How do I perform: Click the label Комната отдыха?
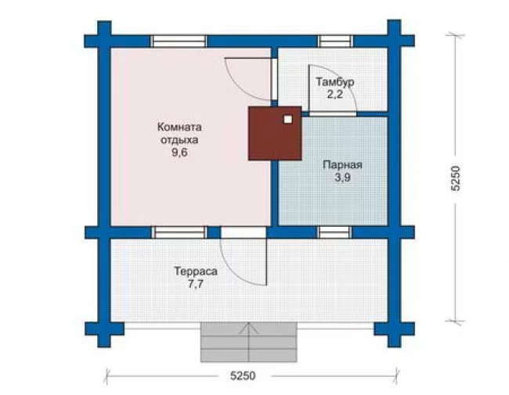tap(179, 134)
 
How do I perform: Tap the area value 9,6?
tap(179, 153)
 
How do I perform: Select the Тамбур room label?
tap(335, 82)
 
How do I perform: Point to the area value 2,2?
tap(335, 95)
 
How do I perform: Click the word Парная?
tap(342, 165)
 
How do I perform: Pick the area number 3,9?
tap(343, 178)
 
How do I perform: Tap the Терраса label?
tap(196, 271)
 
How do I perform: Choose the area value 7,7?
tap(196, 284)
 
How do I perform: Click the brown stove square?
tap(275, 133)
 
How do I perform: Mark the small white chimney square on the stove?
tap(287, 119)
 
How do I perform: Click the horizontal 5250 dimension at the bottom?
tap(243, 376)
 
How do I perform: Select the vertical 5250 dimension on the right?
tap(456, 178)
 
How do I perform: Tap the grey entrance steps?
tap(249, 342)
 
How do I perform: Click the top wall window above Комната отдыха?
tap(179, 41)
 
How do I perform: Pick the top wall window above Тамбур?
tap(335, 41)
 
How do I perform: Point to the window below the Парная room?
tap(334, 232)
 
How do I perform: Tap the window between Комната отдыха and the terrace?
tap(179, 232)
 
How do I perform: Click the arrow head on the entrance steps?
tap(249, 328)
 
